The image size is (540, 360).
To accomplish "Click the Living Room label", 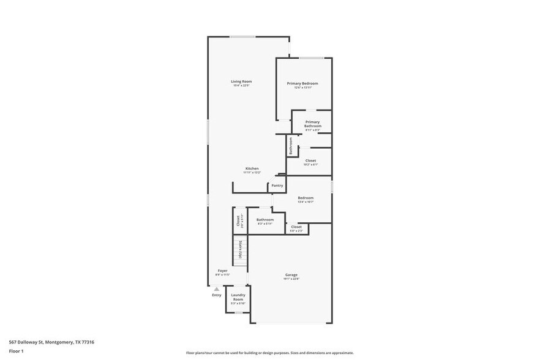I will coord(241,82).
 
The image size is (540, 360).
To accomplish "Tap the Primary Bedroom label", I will coord(302,84).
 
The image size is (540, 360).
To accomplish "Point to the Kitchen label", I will coord(252,169).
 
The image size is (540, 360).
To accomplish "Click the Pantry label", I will coord(277,186).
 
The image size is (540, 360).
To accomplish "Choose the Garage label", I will coord(291,276).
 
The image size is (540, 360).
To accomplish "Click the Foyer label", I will coord(223,271).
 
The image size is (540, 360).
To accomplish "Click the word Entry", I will coord(217,295).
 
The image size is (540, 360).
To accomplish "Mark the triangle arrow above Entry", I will coord(216,289).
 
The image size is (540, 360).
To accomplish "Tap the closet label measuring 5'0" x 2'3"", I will coord(296,228).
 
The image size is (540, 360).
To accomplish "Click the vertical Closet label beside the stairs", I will coord(238,220).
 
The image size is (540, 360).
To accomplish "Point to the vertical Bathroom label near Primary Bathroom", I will coord(291,145).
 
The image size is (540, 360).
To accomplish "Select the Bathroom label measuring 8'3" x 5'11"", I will coord(265,220).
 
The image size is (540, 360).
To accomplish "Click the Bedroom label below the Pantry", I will coord(306,198).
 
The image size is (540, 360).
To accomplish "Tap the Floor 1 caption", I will coord(17,351).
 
